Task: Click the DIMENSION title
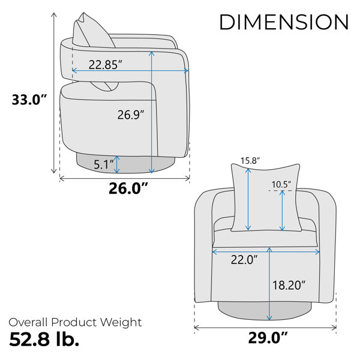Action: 284,22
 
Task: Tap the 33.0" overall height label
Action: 29,100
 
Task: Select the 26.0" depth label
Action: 128,188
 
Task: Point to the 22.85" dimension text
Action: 106,65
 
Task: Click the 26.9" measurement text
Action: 131,115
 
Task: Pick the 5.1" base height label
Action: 104,164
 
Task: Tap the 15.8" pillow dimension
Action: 250,160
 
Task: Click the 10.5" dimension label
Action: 281,184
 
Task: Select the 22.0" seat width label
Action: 244,260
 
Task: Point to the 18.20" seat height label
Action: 289,285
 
